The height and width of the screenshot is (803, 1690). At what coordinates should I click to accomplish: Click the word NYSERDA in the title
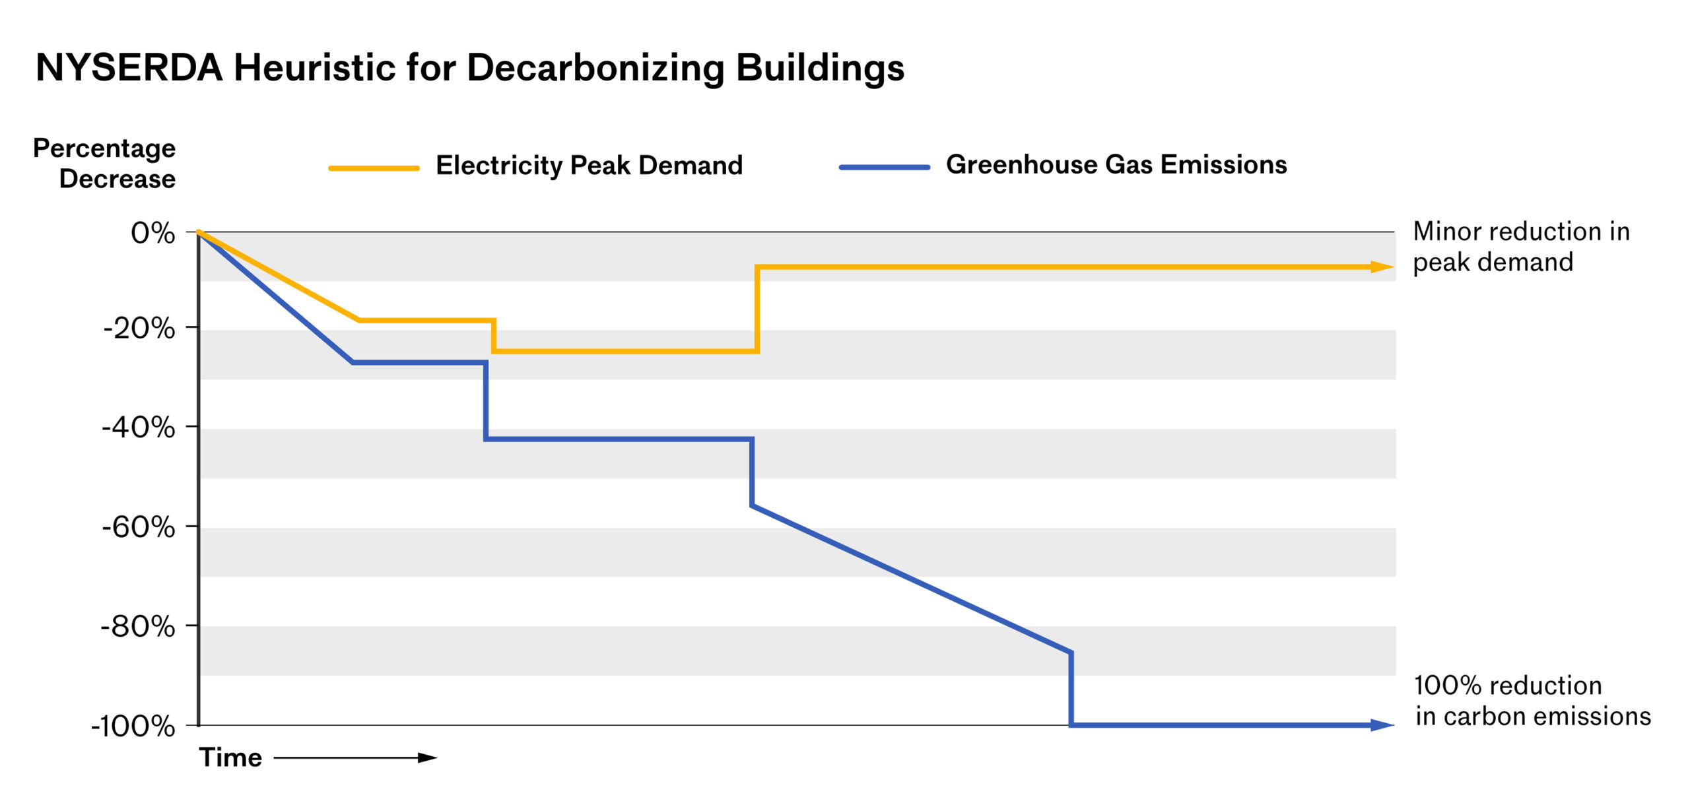tap(129, 68)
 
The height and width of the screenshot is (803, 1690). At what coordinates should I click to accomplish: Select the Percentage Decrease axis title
tap(104, 164)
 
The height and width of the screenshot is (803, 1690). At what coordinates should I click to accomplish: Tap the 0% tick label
tap(152, 233)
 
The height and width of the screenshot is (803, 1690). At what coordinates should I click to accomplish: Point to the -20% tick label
tap(139, 328)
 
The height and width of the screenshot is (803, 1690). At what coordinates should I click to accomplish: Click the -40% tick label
tap(139, 428)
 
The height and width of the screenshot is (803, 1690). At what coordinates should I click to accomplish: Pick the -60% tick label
tap(139, 527)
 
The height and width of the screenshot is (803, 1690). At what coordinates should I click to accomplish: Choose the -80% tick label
tap(138, 626)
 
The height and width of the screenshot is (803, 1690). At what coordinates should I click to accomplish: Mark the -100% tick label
tap(133, 726)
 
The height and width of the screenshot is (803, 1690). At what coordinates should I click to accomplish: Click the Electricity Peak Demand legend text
tap(589, 165)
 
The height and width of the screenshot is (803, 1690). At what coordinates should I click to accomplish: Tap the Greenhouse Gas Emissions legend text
tap(1116, 164)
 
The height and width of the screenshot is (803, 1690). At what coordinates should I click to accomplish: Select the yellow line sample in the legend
tap(374, 168)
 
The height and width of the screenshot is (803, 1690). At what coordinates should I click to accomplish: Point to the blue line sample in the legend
tap(884, 168)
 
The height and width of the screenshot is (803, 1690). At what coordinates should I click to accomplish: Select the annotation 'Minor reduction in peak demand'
tap(1521, 247)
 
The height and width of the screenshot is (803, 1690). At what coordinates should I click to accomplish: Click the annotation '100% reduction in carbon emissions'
tap(1532, 701)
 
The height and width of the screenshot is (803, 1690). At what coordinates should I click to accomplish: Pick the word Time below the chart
tap(230, 757)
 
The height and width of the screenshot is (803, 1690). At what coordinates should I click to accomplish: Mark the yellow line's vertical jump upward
tap(757, 309)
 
